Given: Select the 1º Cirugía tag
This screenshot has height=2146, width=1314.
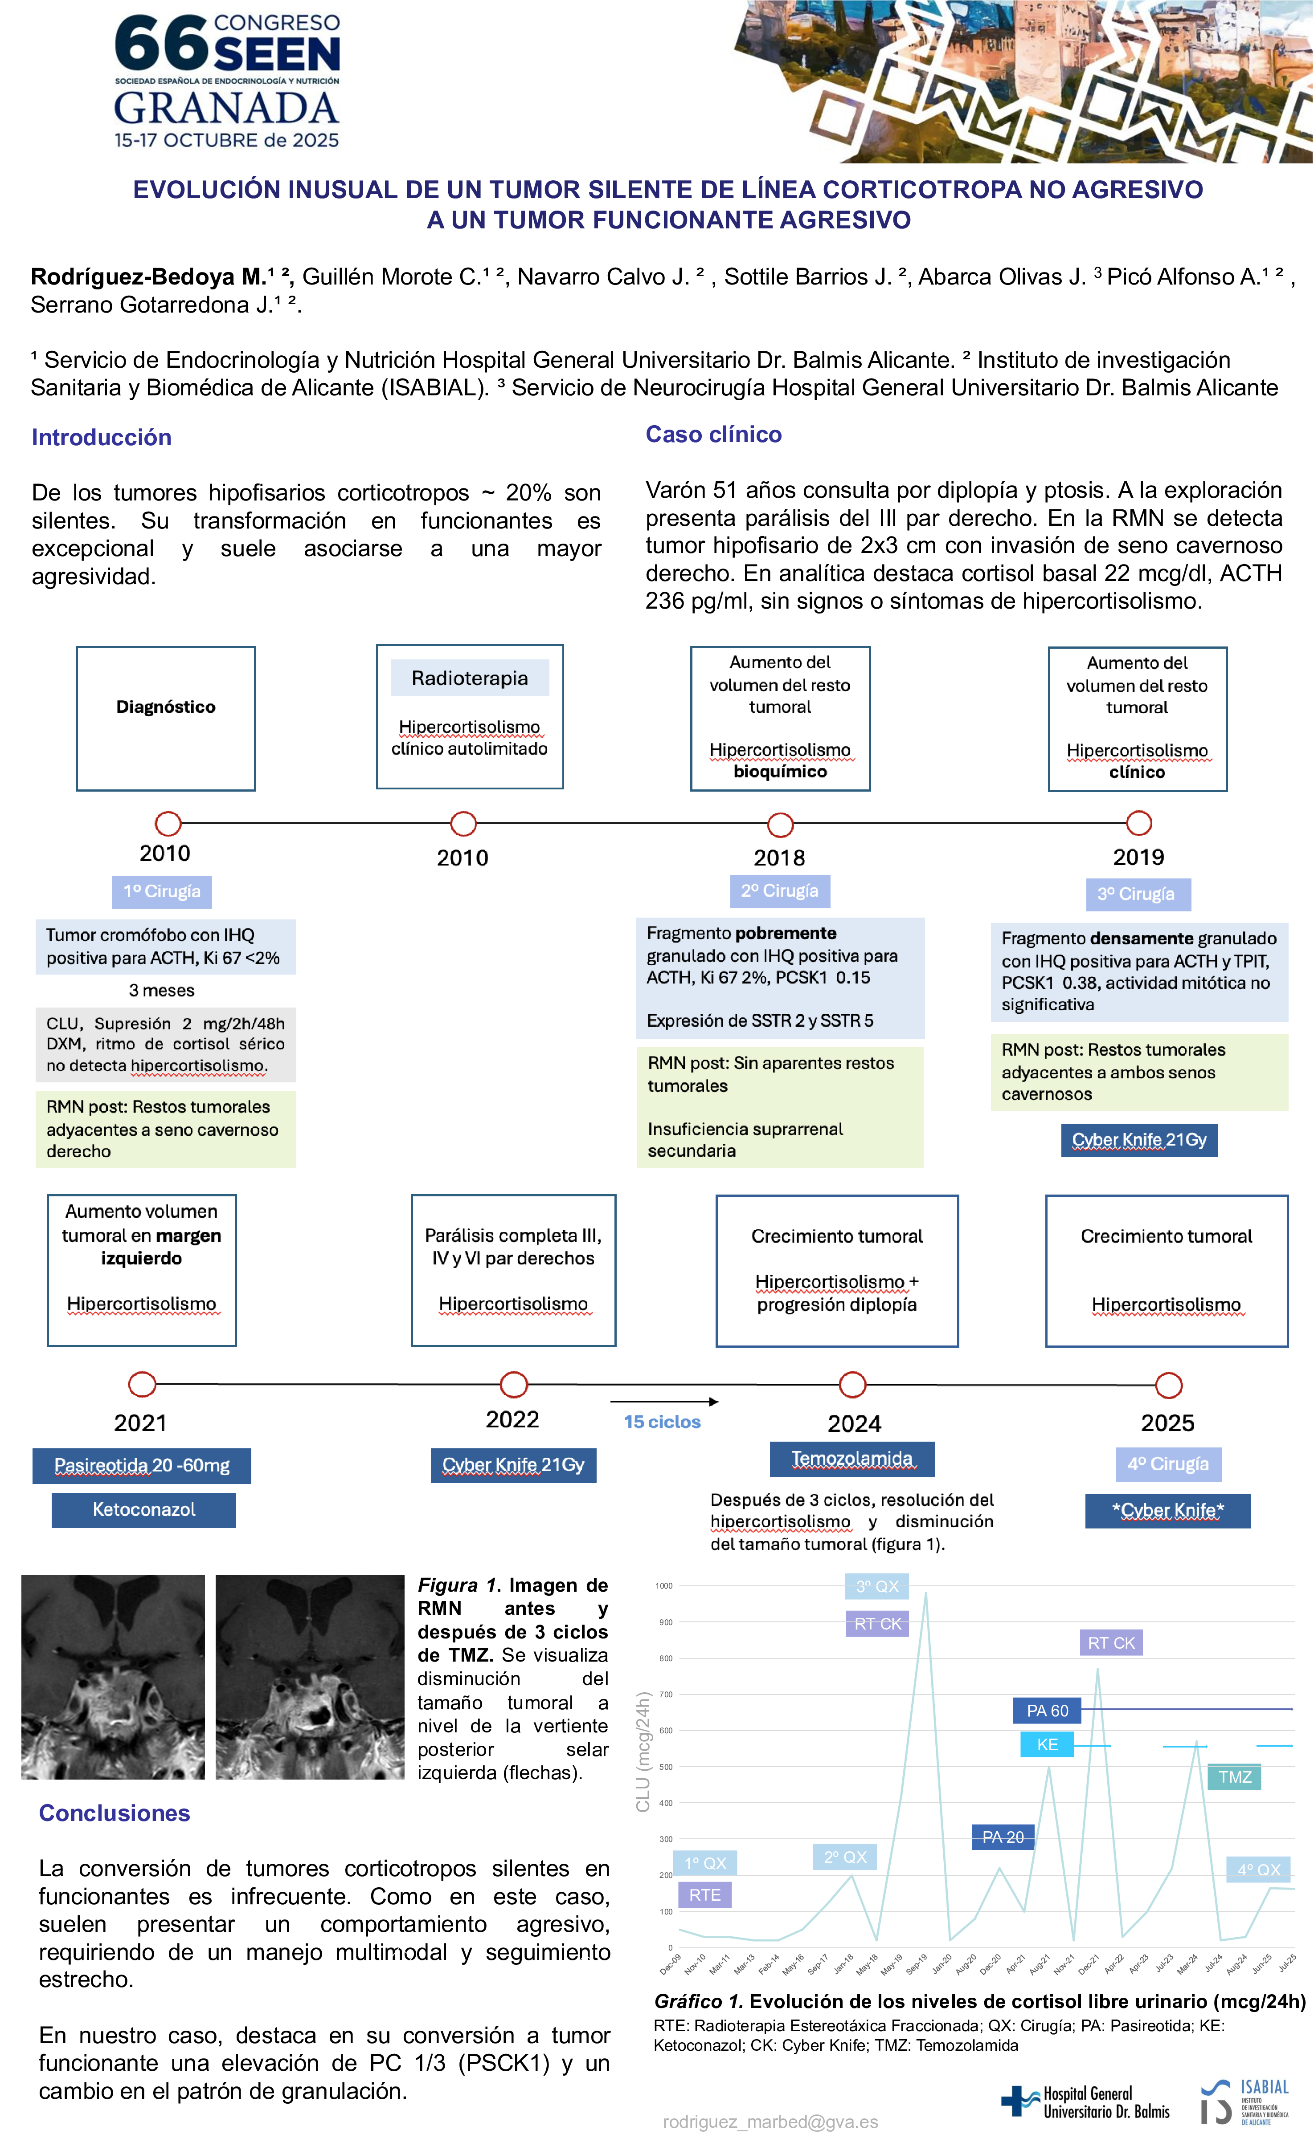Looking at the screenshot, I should pos(162,891).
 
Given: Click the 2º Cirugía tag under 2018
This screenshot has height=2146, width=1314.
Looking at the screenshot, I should pos(780,890).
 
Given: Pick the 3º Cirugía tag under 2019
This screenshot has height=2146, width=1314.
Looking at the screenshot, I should pos(1137,894).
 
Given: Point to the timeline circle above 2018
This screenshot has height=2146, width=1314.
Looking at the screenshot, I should pos(780,824).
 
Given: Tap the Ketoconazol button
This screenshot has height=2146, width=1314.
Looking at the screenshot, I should pos(144,1509).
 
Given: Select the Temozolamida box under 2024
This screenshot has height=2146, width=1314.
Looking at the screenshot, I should pos(851,1459).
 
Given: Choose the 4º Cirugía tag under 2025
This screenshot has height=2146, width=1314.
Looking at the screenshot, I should pos(1167,1464).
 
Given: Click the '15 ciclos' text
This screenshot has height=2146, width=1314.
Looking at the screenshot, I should pos(662,1421).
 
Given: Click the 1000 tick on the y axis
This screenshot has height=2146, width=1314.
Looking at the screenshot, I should pos(664,1586).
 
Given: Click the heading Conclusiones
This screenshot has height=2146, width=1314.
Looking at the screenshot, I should pos(114,1813).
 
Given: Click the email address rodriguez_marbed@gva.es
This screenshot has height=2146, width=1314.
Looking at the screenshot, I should pos(770,2122).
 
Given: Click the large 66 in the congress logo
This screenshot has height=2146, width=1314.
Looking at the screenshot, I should pos(161,44).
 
